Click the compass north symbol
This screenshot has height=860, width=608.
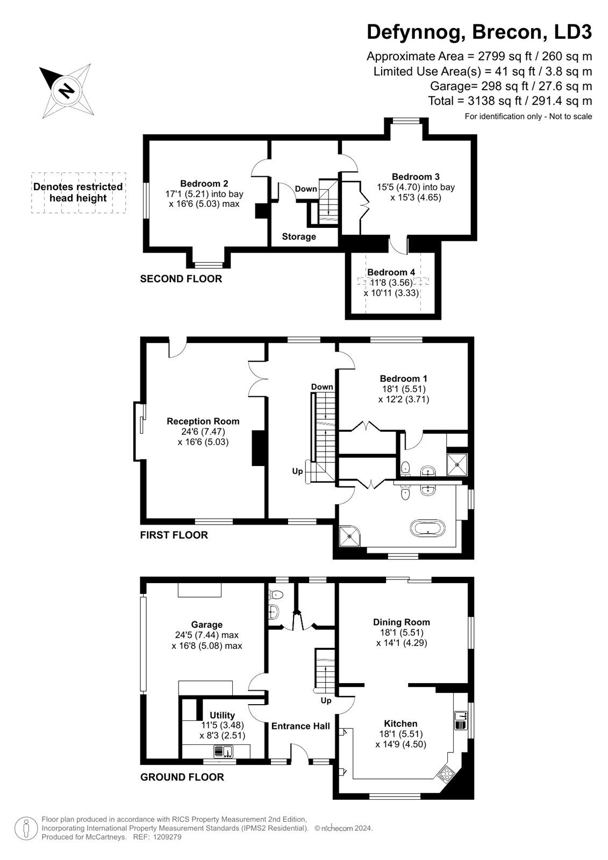(x=66, y=91)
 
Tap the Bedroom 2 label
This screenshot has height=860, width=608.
(x=204, y=183)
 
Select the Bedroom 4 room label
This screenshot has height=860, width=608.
(x=391, y=272)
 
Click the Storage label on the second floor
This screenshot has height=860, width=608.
(x=299, y=236)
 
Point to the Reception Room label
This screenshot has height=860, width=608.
(x=203, y=421)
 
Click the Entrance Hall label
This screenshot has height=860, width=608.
(x=301, y=726)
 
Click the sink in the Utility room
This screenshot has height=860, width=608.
(x=223, y=751)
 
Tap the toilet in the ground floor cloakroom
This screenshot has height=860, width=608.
(x=275, y=594)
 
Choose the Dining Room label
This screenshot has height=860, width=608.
(x=402, y=622)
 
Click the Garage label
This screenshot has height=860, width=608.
(x=206, y=625)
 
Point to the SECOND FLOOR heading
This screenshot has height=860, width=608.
(x=181, y=279)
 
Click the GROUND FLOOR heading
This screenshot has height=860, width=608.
(x=182, y=785)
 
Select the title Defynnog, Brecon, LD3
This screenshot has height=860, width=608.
(x=480, y=32)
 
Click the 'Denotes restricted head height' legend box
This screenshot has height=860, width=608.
(x=78, y=193)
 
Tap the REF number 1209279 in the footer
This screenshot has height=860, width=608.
(x=166, y=837)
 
